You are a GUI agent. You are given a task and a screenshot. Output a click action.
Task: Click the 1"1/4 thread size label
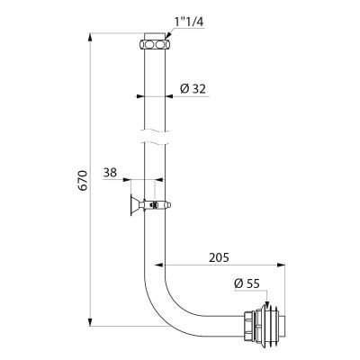(189, 22)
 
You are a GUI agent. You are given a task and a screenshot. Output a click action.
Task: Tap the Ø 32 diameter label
(193, 89)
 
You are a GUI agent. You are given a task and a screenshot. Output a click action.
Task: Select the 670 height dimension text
(82, 180)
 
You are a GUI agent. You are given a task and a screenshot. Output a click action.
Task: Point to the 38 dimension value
(110, 173)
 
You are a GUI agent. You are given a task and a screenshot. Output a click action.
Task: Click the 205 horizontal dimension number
(219, 257)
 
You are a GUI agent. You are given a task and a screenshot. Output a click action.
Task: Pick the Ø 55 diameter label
(247, 283)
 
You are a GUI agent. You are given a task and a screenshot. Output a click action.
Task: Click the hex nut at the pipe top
(155, 44)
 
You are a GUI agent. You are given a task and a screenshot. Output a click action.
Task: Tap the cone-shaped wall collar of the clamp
(134, 205)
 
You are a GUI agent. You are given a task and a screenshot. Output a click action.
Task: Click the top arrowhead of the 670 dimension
(90, 38)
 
